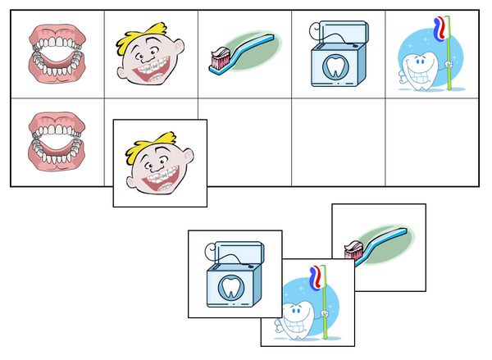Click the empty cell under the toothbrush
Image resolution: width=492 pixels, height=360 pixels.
pos(244,144)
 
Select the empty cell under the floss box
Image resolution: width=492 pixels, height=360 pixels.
pos(338,144)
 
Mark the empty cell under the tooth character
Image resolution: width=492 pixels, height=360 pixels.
pos(432,144)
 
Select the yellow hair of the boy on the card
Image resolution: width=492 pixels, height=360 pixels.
pos(156,139)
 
